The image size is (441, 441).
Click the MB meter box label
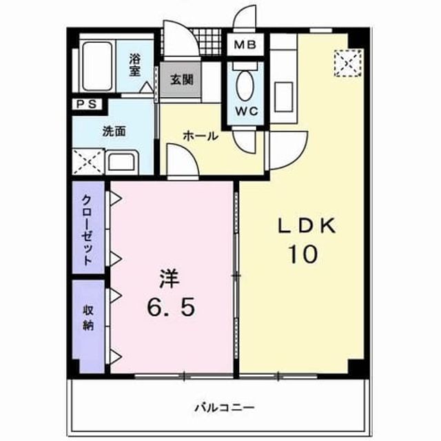[245, 45]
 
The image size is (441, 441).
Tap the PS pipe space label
[87, 105]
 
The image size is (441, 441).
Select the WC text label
[247, 112]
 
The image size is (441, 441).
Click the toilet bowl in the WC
[245, 85]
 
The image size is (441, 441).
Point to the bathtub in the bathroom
[97, 66]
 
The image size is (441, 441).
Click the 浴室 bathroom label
[135, 65]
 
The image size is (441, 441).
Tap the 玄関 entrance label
[181, 80]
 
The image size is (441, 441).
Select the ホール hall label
[201, 136]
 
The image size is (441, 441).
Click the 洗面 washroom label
[114, 132]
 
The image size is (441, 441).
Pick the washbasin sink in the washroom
[121, 162]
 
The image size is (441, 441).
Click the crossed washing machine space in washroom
[88, 162]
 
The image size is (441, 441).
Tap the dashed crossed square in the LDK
[348, 63]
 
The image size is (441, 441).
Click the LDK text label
[307, 226]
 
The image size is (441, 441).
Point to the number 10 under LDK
[302, 254]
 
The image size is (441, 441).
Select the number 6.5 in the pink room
[170, 307]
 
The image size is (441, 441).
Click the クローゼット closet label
[88, 230]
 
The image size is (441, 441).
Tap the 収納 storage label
[88, 318]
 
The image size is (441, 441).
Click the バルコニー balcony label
[225, 407]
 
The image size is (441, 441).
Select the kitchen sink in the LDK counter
[283, 97]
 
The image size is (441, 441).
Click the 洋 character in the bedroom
[170, 278]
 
